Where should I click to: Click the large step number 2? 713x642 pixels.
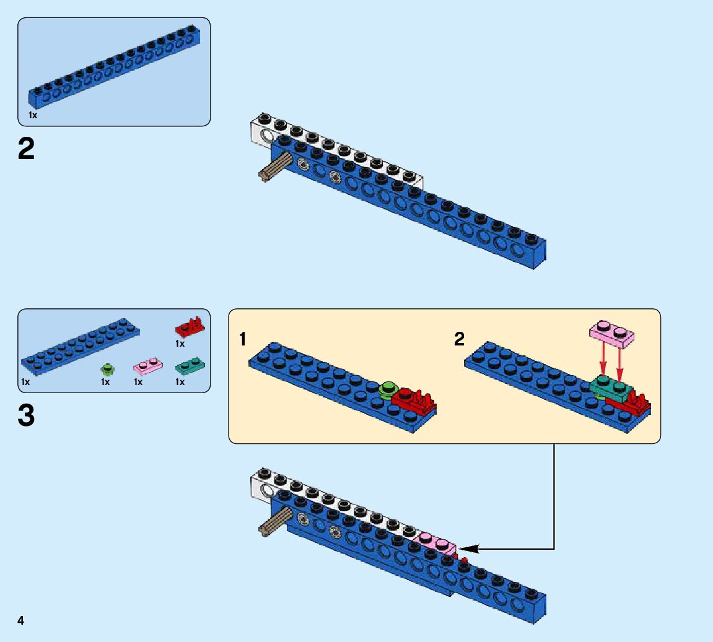pos(27,150)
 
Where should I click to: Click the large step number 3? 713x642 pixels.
pos(27,416)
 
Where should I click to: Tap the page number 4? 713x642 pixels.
pos(21,620)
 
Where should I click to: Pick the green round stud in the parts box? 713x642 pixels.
pos(108,370)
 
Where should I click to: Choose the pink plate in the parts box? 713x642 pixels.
pos(148,368)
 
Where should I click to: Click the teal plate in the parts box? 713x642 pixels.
pos(190,367)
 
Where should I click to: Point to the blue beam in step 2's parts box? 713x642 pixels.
pos(115,67)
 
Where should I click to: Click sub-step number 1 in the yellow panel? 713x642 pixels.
pos(243,339)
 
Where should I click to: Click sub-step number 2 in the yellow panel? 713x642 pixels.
pos(459,339)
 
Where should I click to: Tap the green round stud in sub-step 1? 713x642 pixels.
pos(388,388)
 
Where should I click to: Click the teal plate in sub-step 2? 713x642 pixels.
pos(610,386)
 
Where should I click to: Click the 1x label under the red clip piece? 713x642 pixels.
pos(180,344)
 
